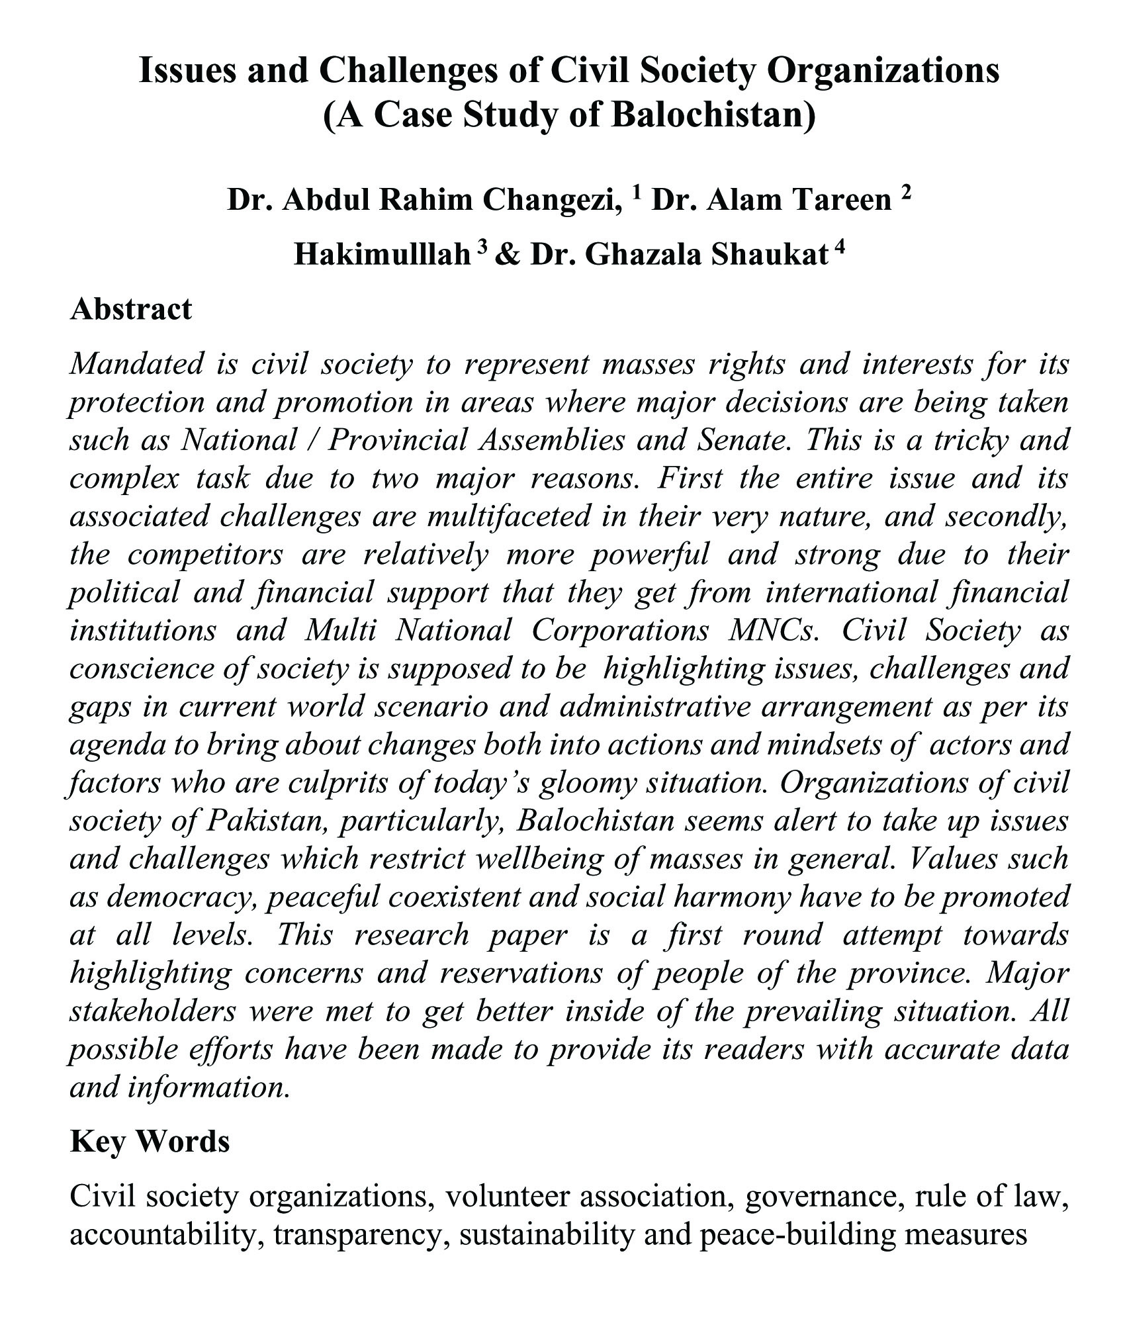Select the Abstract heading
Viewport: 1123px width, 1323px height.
coord(130,308)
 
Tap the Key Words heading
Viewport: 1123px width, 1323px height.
coord(150,1141)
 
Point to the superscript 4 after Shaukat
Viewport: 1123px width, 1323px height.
coord(840,247)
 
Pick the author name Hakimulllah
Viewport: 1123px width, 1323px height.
coord(382,255)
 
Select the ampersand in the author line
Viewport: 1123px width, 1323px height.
coord(508,255)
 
